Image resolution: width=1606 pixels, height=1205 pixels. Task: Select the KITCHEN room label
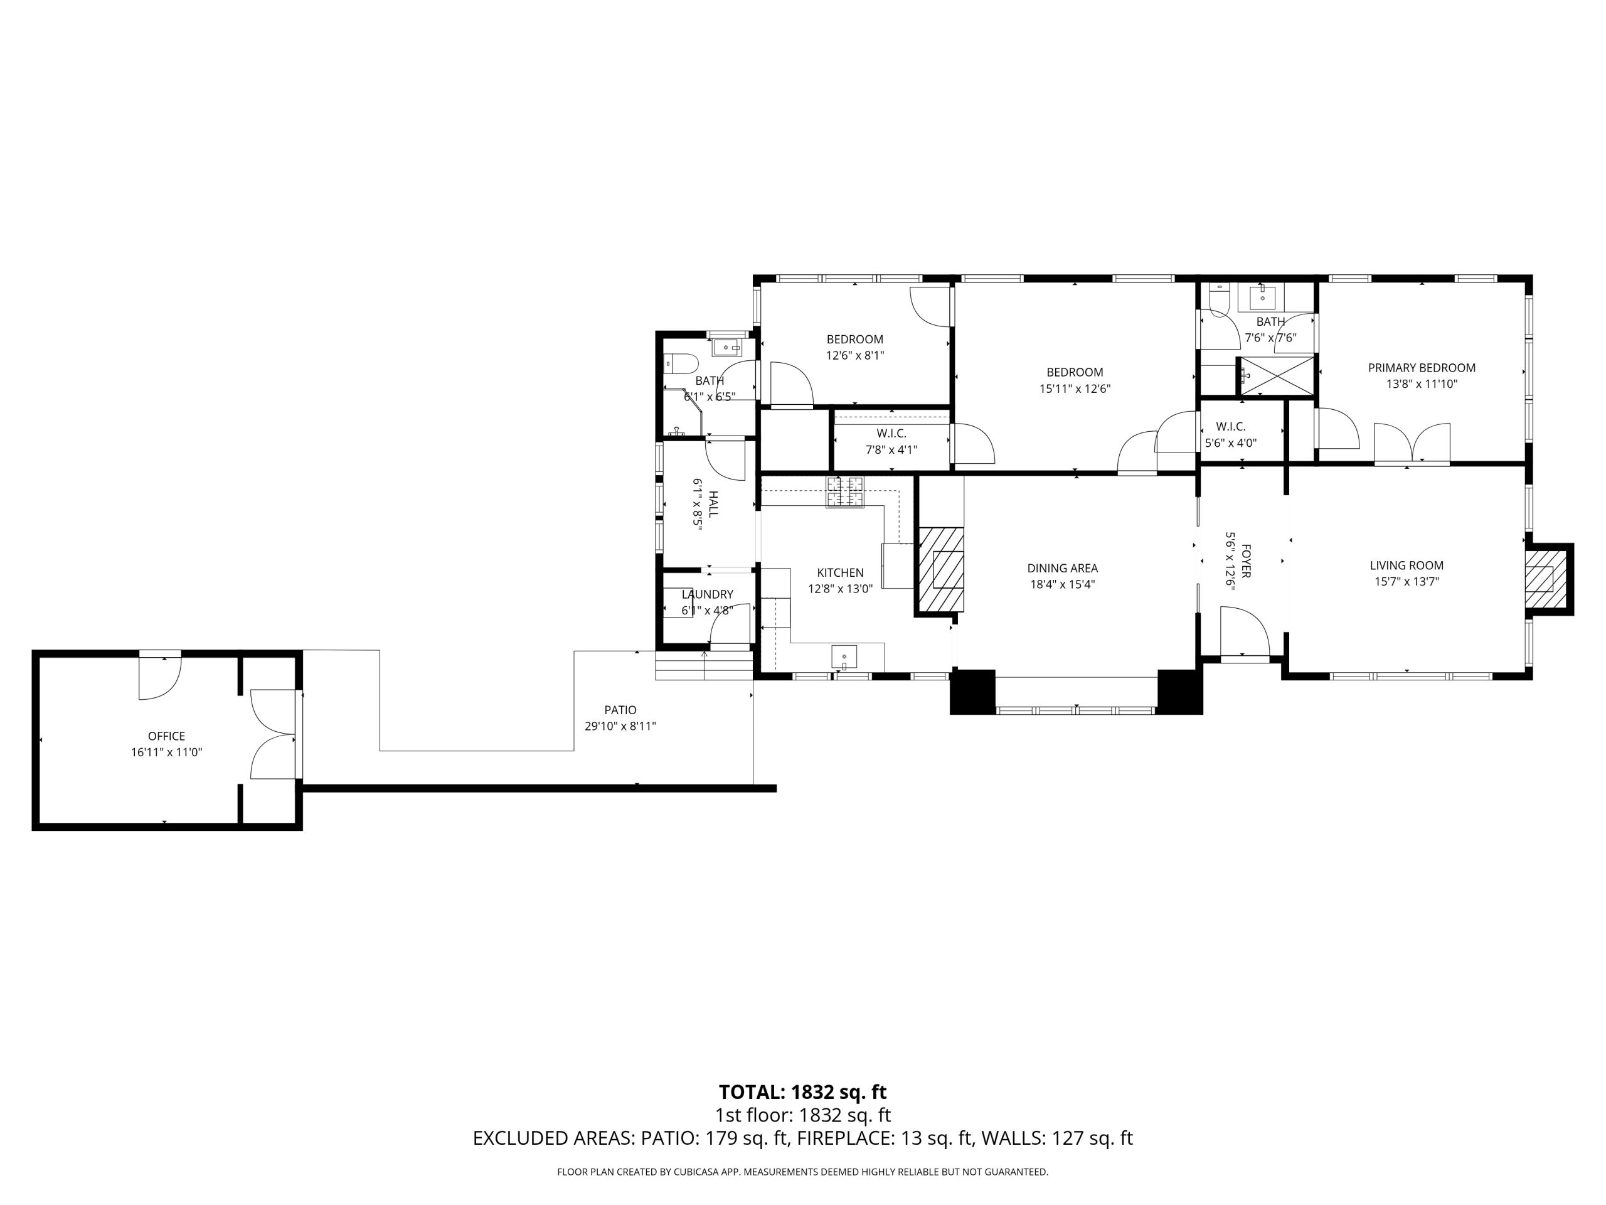point(840,573)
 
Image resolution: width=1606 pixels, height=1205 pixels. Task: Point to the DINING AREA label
point(1062,569)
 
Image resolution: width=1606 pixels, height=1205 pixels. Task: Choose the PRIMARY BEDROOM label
point(1422,368)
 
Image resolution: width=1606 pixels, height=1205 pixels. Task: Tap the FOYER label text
point(1246,560)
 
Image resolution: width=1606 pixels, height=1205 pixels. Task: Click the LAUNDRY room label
point(707,595)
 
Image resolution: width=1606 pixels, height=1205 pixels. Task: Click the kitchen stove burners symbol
point(845,492)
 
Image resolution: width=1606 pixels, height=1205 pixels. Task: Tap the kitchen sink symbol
point(844,657)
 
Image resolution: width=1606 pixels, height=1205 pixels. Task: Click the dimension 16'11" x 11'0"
point(166,752)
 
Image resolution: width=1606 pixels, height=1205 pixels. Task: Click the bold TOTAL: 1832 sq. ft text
point(802,1093)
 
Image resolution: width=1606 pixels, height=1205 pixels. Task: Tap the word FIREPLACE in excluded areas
point(844,1138)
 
